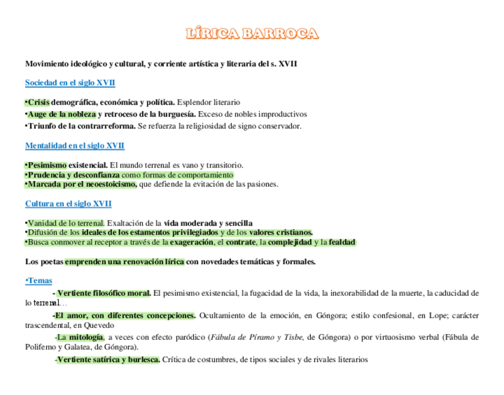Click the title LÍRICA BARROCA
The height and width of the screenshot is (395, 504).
click(252, 34)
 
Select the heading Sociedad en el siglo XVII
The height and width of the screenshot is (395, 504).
click(70, 83)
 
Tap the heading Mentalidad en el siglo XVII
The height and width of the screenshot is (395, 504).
click(75, 146)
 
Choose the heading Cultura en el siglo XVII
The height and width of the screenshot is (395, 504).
click(68, 204)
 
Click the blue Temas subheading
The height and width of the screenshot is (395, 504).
click(39, 280)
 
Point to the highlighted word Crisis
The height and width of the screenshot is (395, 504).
click(39, 102)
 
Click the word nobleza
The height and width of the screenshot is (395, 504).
click(81, 114)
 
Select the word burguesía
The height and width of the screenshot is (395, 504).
click(175, 114)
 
